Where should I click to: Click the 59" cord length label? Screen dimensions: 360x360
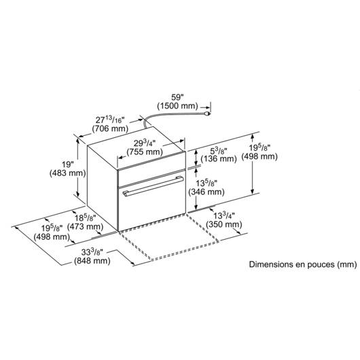pyautogui.click(x=177, y=97)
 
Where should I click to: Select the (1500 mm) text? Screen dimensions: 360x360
pyautogui.click(x=177, y=106)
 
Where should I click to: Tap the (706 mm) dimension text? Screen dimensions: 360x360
pyautogui.click(x=110, y=128)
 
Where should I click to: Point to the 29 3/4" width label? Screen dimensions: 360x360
pyautogui.click(x=145, y=143)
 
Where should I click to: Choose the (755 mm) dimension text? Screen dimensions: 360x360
pyautogui.click(x=145, y=152)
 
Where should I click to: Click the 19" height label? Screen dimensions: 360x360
pyautogui.click(x=68, y=164)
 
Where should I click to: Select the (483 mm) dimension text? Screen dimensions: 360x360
pyautogui.click(x=68, y=173)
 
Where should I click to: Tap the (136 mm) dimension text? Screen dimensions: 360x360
pyautogui.click(x=219, y=159)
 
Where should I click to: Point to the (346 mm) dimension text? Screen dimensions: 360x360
pyautogui.click(x=206, y=192)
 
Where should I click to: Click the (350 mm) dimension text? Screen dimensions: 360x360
pyautogui.click(x=224, y=224)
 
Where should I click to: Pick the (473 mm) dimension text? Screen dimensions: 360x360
pyautogui.click(x=85, y=227)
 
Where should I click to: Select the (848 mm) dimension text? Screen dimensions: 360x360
pyautogui.click(x=92, y=261)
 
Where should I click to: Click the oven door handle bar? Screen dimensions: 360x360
pyautogui.click(x=153, y=186)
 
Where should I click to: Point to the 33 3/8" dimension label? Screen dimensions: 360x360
pyautogui.click(x=92, y=252)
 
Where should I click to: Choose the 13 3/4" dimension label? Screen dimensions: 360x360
pyautogui.click(x=224, y=216)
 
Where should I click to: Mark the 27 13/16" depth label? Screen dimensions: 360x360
pyautogui.click(x=110, y=120)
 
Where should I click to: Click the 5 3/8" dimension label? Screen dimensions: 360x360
pyautogui.click(x=219, y=151)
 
